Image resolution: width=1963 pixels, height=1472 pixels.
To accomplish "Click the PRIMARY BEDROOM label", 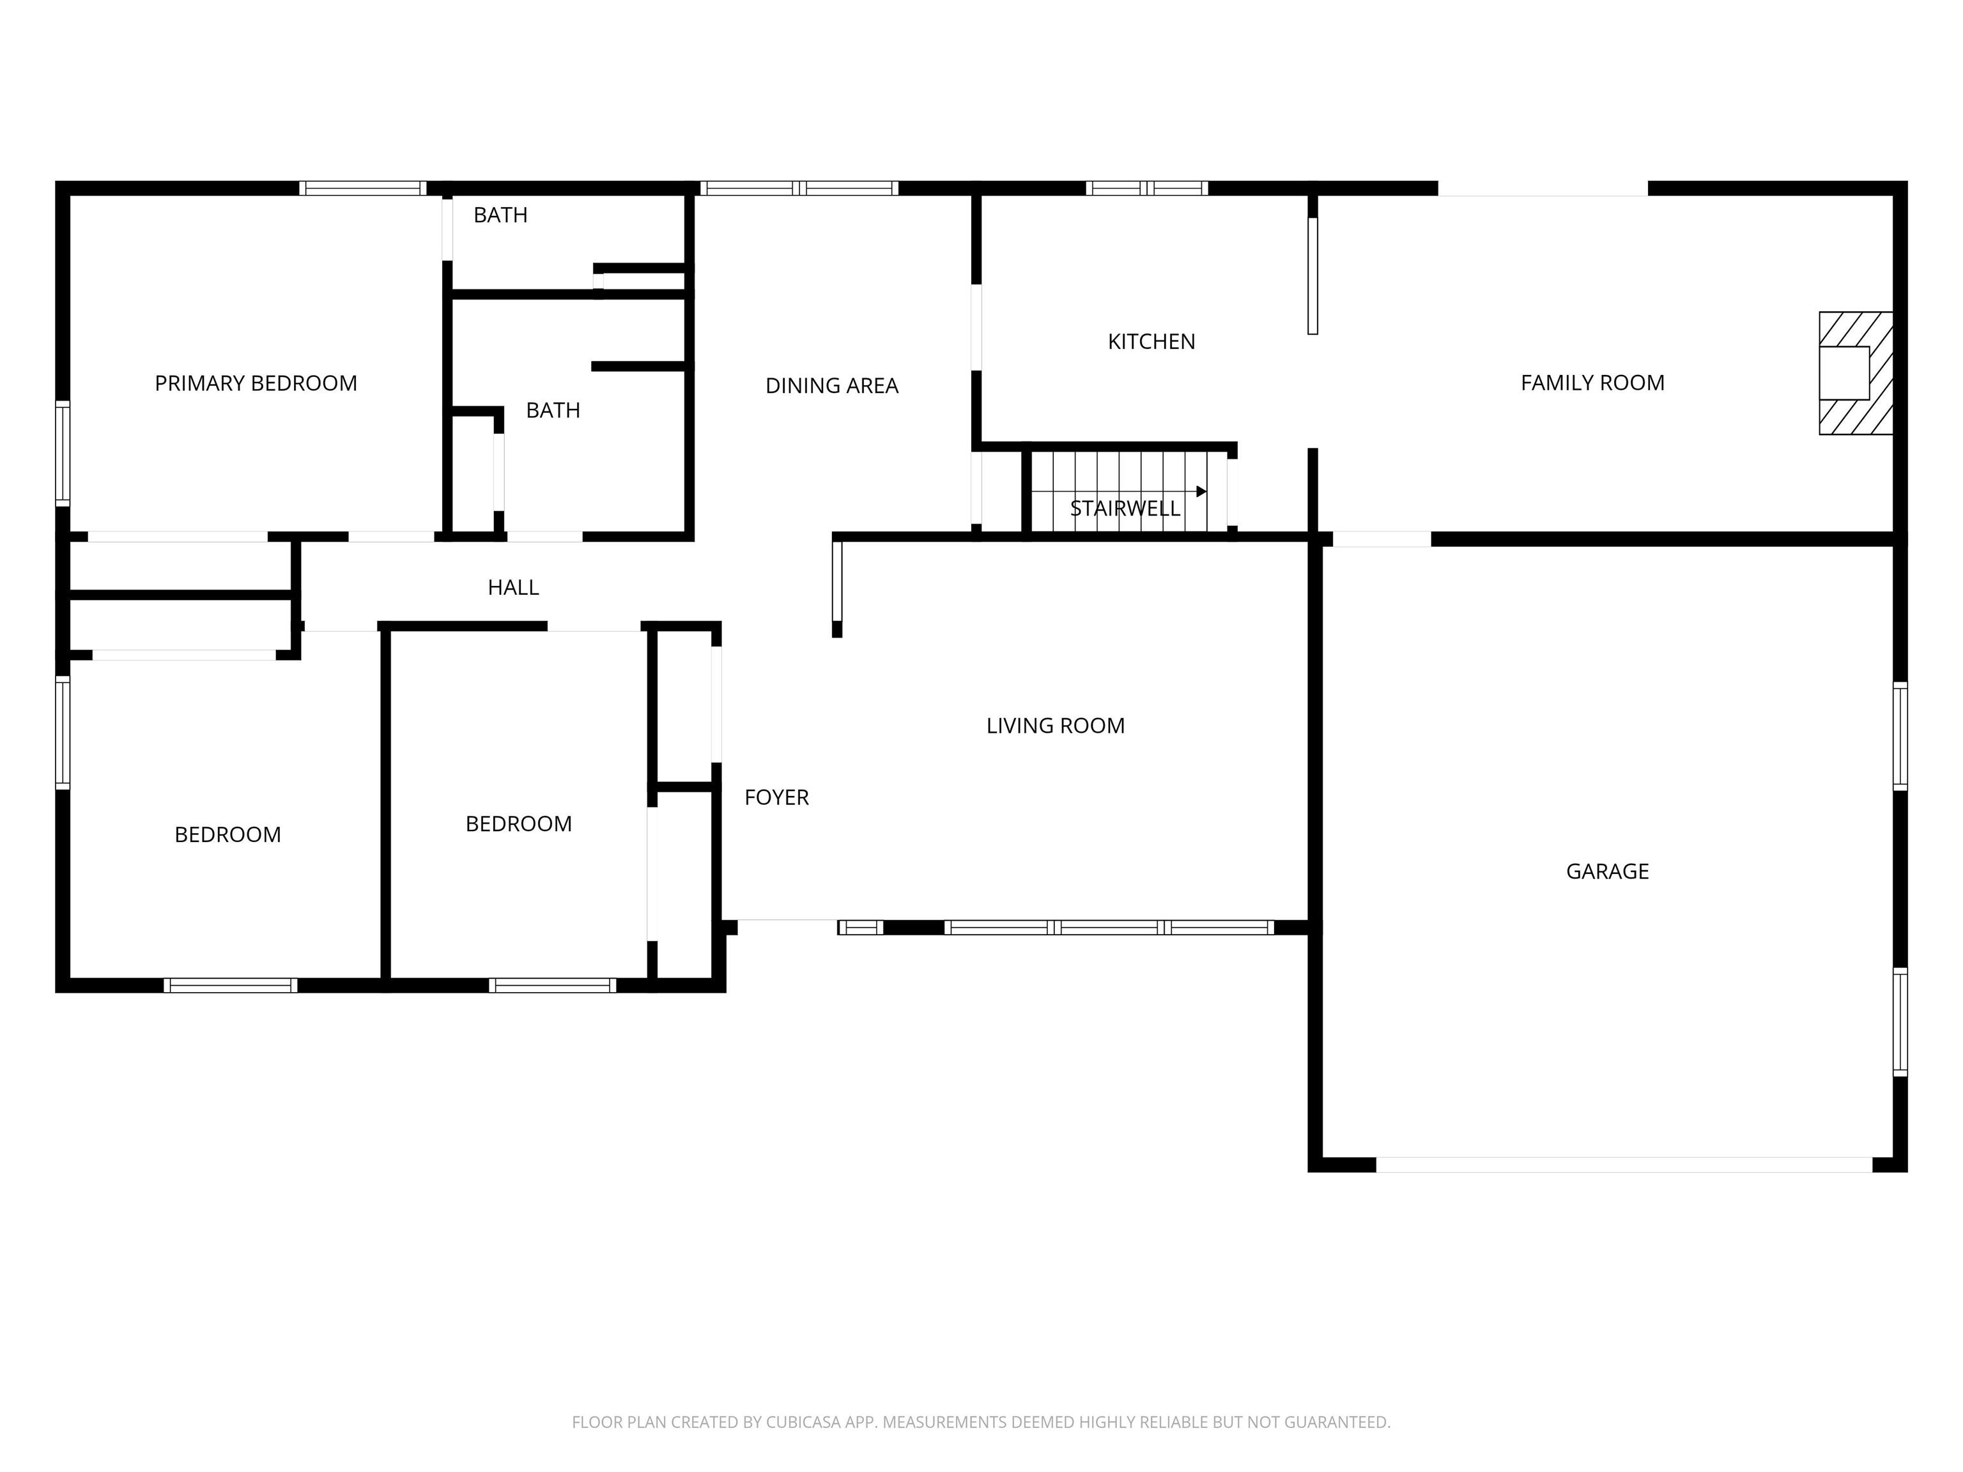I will (256, 383).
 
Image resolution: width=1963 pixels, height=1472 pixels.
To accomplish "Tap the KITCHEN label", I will (1151, 342).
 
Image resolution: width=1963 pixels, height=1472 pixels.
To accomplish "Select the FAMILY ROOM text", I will (1592, 383).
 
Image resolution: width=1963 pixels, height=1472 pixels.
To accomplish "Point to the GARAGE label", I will (1607, 871).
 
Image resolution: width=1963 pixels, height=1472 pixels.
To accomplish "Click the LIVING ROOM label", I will (1055, 726).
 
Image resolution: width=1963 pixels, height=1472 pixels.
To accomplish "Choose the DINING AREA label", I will (831, 386).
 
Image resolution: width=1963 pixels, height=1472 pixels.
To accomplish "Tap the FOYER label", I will (776, 798).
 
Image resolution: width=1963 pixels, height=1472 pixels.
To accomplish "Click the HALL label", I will (513, 587).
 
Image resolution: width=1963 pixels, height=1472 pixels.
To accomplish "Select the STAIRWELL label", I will (1125, 509).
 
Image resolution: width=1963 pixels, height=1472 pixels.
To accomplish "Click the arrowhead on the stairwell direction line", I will (1201, 491).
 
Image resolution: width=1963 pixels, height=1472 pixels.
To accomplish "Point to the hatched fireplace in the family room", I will (1855, 372).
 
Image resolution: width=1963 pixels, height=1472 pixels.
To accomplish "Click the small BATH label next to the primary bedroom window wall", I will (500, 215).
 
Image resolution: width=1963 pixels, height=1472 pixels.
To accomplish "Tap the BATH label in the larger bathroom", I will (553, 410).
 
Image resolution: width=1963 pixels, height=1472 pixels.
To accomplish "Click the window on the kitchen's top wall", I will (1146, 188).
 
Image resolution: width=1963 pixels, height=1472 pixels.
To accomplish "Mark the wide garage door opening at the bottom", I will (1624, 1164).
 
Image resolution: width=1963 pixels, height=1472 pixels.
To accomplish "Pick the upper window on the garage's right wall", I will (1900, 735).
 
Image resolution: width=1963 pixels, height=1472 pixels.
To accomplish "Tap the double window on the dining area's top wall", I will (799, 188).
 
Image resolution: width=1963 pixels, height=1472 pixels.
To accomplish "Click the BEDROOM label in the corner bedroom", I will (227, 835).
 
